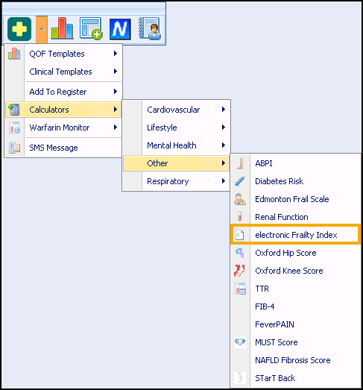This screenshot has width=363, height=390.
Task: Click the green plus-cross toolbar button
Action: click(x=19, y=29)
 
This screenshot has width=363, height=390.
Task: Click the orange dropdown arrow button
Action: click(x=42, y=29)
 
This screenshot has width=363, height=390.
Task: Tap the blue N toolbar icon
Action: click(x=120, y=29)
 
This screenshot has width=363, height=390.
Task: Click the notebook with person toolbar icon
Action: click(x=150, y=28)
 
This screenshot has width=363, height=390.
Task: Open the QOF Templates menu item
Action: click(x=57, y=54)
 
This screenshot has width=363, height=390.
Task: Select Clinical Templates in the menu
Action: click(x=60, y=72)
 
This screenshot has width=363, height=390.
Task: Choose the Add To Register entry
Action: click(x=58, y=92)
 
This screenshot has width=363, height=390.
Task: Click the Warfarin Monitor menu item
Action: click(x=60, y=128)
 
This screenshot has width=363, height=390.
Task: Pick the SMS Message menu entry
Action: click(x=54, y=148)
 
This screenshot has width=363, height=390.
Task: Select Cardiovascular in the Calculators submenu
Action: click(x=173, y=110)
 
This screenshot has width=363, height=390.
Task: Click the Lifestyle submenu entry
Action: click(x=162, y=128)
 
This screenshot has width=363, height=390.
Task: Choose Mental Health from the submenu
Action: click(x=171, y=145)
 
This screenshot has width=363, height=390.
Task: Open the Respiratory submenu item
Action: click(x=168, y=181)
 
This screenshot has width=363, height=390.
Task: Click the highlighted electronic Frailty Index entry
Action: click(x=296, y=235)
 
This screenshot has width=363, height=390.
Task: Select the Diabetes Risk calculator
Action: click(x=280, y=181)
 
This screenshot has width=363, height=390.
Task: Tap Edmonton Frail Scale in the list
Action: click(x=292, y=199)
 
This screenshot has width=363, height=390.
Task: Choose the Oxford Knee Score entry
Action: click(x=289, y=271)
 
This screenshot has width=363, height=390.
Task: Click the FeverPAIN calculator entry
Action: click(x=274, y=324)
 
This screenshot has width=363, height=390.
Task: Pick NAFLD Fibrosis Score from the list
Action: click(x=293, y=360)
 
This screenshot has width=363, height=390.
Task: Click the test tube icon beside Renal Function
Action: click(x=239, y=217)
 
